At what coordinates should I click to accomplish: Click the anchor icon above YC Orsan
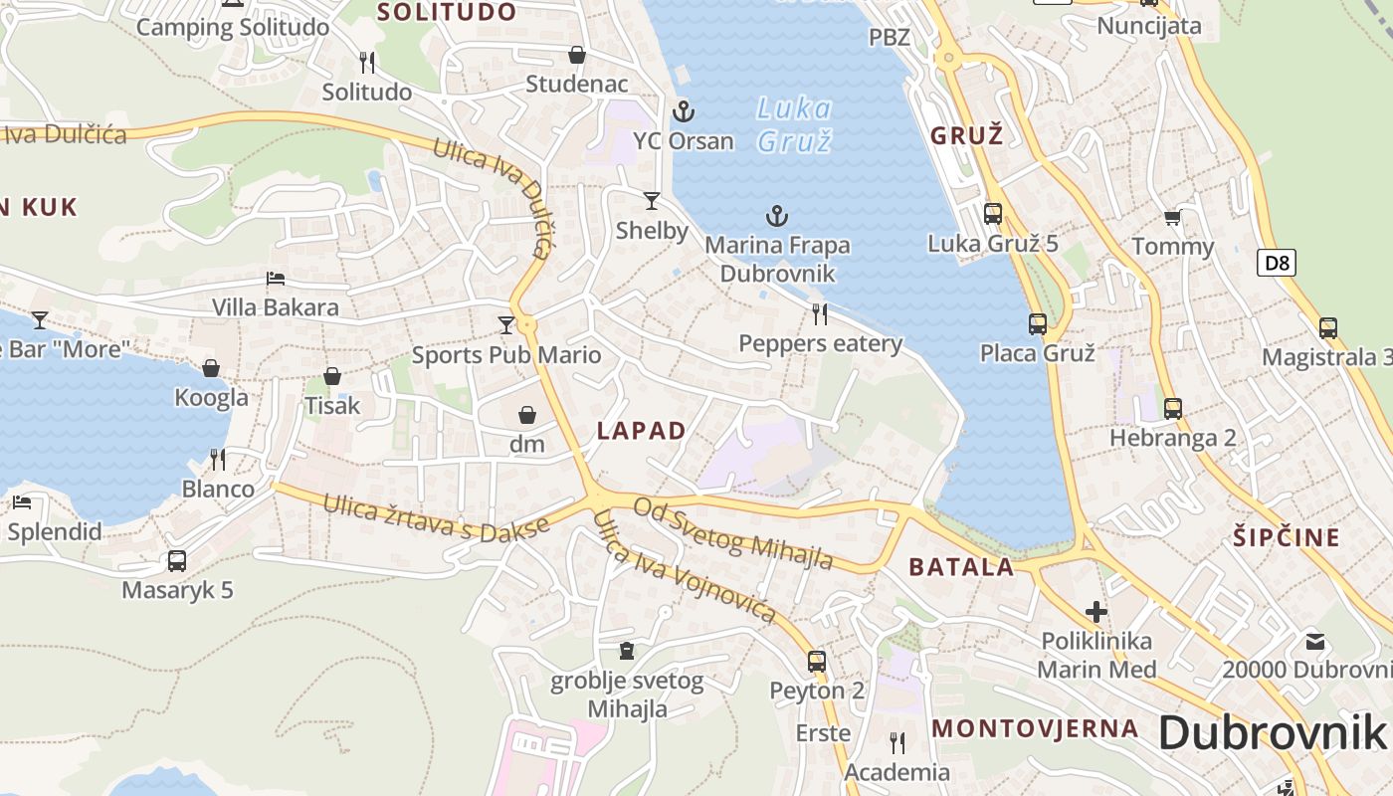683,110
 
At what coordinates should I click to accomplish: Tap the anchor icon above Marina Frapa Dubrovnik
776,215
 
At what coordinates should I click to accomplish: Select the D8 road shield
1277,263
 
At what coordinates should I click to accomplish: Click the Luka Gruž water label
794,124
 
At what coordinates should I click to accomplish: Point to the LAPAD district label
642,431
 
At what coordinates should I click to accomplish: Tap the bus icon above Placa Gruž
1037,323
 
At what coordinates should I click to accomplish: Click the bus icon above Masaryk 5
177,560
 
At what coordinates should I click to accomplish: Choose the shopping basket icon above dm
526,414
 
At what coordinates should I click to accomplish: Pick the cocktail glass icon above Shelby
652,201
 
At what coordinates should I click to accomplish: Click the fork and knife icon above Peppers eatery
820,314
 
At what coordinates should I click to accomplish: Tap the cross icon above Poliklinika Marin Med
1096,611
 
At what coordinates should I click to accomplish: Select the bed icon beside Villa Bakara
276,279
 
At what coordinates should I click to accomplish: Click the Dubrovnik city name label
1272,733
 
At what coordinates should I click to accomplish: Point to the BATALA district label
961,568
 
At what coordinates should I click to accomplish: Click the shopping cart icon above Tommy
1172,217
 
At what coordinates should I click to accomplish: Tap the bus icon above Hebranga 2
1172,408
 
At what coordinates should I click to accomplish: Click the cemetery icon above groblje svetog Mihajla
626,651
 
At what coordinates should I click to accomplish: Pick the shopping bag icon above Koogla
211,368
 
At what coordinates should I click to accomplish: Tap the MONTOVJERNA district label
1035,728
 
